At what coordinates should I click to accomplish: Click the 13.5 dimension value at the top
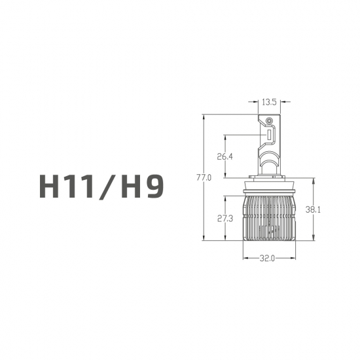point(269,102)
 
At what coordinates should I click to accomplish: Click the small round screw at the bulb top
point(268,122)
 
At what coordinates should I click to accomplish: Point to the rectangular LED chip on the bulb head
point(268,135)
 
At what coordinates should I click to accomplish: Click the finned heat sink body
point(268,219)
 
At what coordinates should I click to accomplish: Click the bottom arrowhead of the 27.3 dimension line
point(226,238)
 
